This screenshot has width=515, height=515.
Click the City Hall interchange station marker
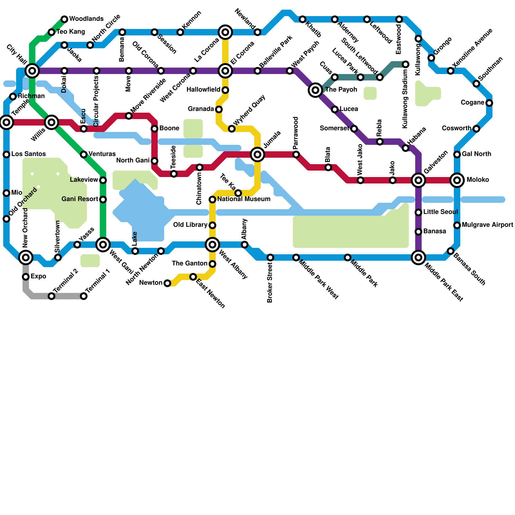click(32, 70)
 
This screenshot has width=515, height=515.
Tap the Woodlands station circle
click(64, 19)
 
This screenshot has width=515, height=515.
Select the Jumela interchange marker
click(257, 154)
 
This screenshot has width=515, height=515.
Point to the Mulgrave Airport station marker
click(457, 225)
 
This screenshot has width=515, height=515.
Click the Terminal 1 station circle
click(84, 296)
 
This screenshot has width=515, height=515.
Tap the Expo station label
click(38, 276)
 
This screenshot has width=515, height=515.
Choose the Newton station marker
click(167, 283)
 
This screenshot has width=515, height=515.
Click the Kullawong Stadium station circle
click(406, 64)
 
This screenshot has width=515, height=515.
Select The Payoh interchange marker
click(315, 90)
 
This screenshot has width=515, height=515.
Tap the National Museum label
click(244, 199)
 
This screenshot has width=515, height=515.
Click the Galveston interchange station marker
click(418, 180)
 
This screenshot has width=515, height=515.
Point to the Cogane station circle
click(489, 103)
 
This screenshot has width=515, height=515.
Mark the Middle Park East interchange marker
click(418, 257)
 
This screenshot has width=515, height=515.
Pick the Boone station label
click(169, 128)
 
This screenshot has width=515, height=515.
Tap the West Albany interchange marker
click(212, 245)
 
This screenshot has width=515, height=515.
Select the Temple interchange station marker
click(6, 122)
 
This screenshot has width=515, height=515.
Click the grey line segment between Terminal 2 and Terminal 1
click(68, 296)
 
